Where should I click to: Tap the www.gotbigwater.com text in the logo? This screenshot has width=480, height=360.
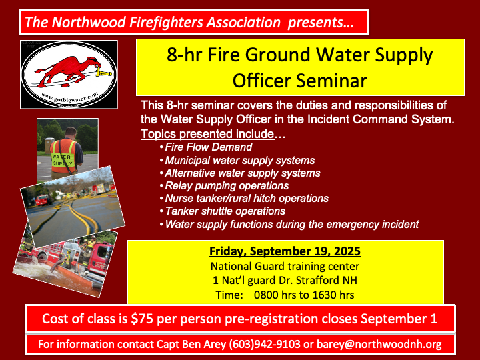(70, 98)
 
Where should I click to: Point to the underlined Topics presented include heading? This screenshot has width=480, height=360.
(207, 134)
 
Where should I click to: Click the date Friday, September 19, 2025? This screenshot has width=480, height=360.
(285, 251)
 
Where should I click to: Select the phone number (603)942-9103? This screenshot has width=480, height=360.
(265, 345)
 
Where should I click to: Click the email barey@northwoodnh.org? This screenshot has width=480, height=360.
(379, 345)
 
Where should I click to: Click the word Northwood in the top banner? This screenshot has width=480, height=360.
(89, 23)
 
